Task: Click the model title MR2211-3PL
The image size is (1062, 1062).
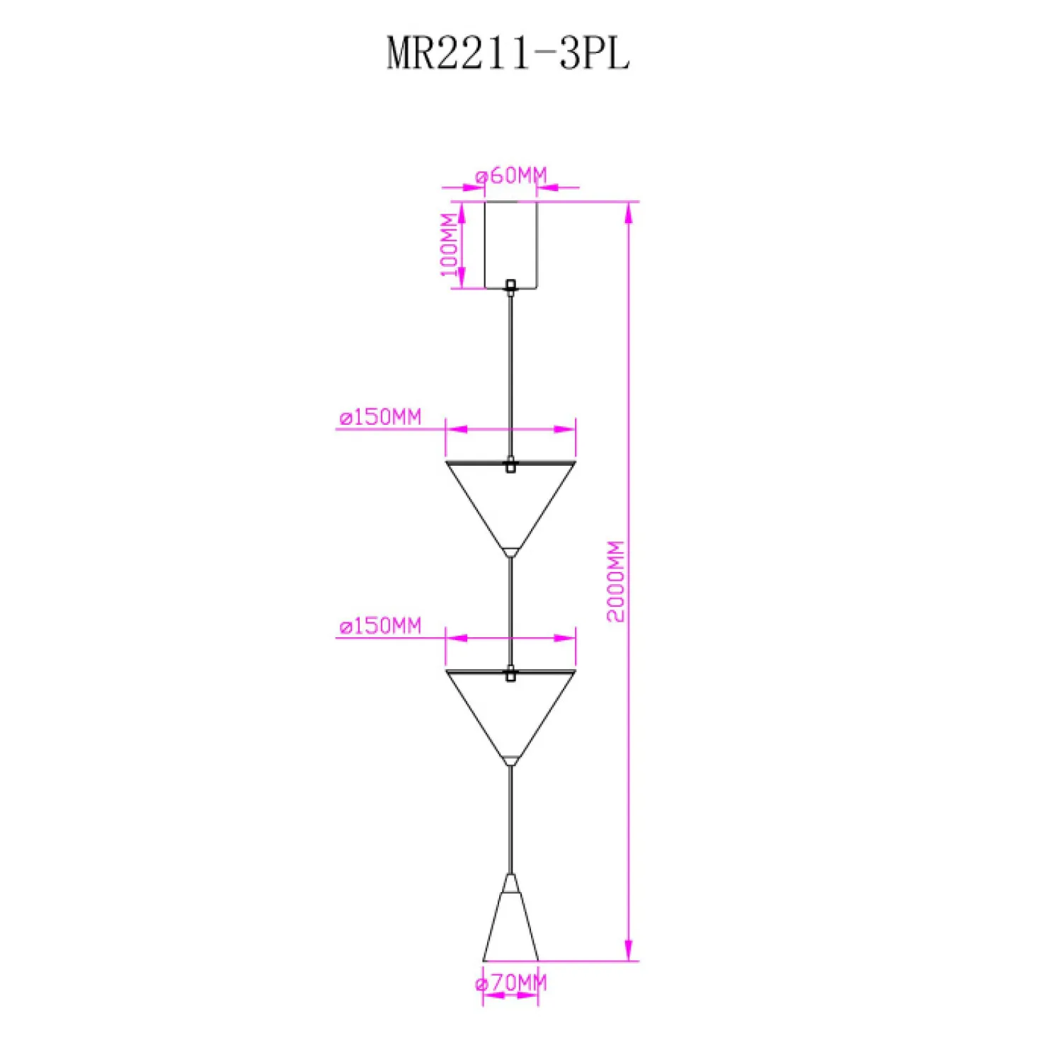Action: (508, 53)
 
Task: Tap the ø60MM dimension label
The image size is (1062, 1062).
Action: (511, 175)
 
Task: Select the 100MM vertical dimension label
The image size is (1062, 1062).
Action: (450, 244)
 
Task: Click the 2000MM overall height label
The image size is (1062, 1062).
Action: (616, 581)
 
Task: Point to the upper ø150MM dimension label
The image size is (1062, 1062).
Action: (380, 417)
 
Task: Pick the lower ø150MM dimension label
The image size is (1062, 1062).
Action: (380, 626)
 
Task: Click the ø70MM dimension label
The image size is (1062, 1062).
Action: (511, 983)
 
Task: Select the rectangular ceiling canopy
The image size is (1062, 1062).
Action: (510, 245)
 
